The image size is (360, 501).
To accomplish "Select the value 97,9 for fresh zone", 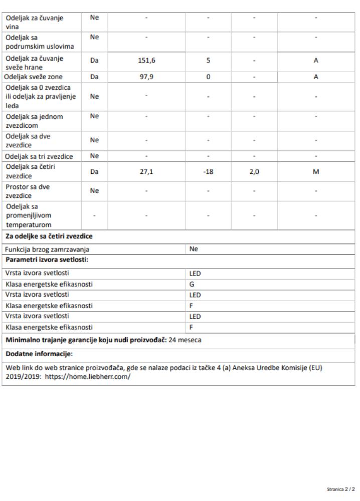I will pyautogui.click(x=146, y=78).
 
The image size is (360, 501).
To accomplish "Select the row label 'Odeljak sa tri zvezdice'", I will pyautogui.click(x=39, y=156).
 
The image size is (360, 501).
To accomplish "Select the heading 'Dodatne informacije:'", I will pyautogui.click(x=39, y=354).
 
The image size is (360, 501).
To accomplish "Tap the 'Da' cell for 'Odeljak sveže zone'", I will pyautogui.click(x=94, y=78).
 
